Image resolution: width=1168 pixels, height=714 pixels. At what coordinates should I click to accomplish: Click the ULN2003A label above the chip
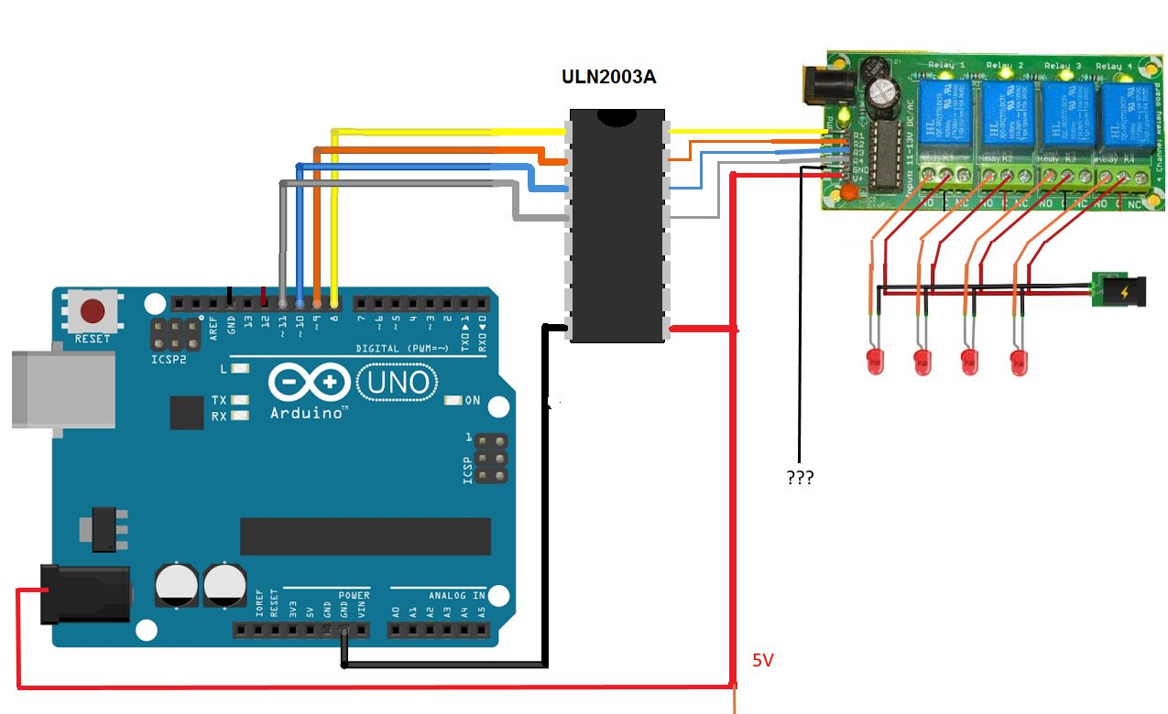pyautogui.click(x=609, y=77)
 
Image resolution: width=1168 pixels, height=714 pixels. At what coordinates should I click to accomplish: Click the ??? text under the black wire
pyautogui.click(x=801, y=478)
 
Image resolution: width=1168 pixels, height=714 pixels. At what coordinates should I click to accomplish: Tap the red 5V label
pyautogui.click(x=763, y=660)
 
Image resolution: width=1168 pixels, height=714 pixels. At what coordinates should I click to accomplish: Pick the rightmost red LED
pyautogui.click(x=1019, y=362)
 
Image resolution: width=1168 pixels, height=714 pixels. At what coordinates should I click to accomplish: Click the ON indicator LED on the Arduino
pyautogui.click(x=453, y=401)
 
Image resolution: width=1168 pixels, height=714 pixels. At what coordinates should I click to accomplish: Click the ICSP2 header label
pyautogui.click(x=169, y=361)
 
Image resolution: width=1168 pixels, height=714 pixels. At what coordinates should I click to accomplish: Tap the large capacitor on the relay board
pyautogui.click(x=884, y=91)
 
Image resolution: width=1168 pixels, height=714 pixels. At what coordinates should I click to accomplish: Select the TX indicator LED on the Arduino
pyautogui.click(x=240, y=400)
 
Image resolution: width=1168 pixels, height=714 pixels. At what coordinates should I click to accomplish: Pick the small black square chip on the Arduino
pyautogui.click(x=187, y=413)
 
